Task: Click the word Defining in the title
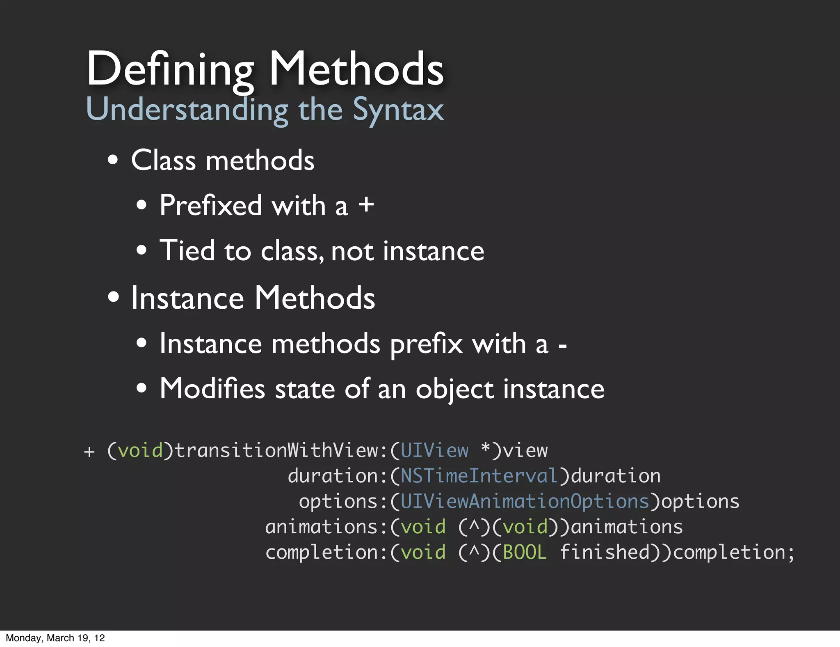pos(170,69)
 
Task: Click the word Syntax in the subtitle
pos(398,110)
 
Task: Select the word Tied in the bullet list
pos(187,250)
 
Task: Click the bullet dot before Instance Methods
pos(113,297)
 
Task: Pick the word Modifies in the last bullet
pos(212,388)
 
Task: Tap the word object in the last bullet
pos(454,389)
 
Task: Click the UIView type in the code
pos(434,451)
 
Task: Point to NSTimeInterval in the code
pos(479,476)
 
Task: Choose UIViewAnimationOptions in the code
pos(525,502)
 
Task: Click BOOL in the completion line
pos(525,553)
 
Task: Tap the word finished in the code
pos(605,553)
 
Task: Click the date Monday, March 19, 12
pos(55,638)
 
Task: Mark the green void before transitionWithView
pos(140,451)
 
